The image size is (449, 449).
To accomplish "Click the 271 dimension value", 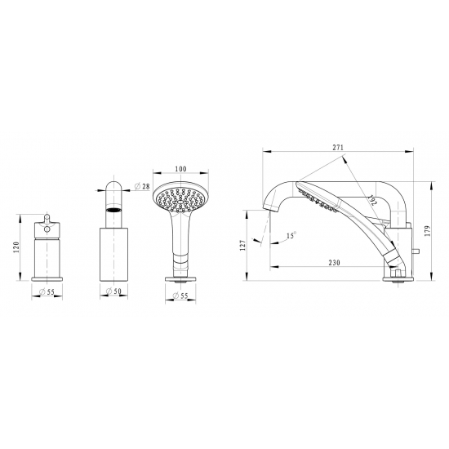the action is coord(338,147).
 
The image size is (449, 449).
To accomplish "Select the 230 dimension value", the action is coord(334,262).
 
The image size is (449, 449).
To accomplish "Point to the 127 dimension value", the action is coord(242,246).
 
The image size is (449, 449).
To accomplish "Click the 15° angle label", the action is coord(291,235).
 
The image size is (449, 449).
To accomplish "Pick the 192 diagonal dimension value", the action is coord(372,200).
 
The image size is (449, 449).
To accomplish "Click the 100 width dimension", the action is coord(180,169).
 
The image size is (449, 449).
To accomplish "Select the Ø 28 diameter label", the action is coord(142,186).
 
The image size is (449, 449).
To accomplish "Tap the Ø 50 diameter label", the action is coord(113,291).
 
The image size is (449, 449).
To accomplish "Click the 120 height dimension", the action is coord(16,247).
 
